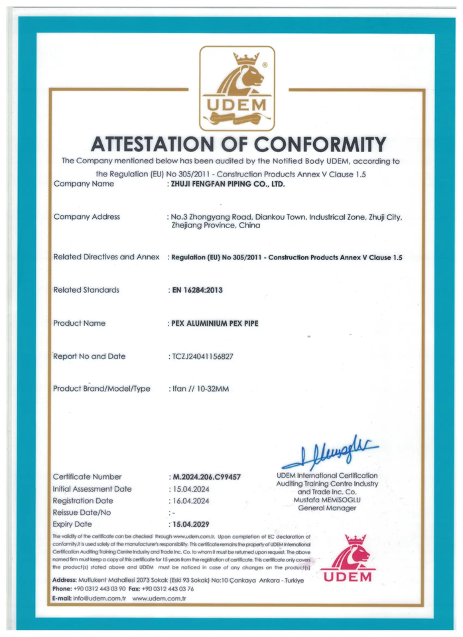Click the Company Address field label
(x=86, y=216)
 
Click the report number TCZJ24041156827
(x=202, y=356)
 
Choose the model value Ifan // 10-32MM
(x=200, y=389)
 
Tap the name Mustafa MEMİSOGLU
(x=327, y=500)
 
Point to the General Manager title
(x=327, y=508)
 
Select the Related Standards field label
(x=86, y=289)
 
